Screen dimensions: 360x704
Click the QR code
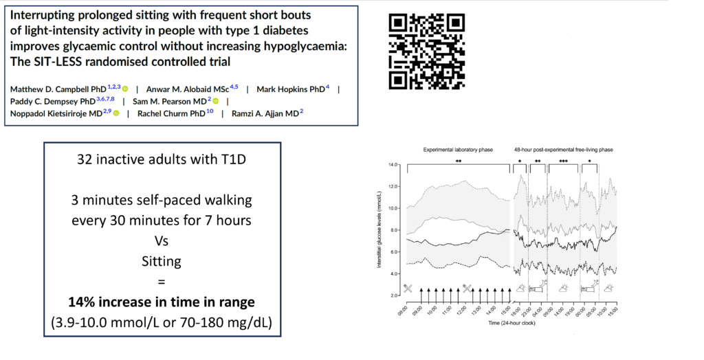pos(426,51)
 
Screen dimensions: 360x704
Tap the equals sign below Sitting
pos(162,280)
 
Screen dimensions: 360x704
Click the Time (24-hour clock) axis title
pos(511,322)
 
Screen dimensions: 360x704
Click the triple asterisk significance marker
pos(564,162)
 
